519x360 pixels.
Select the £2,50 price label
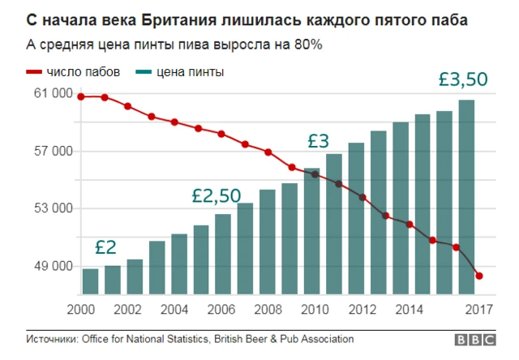[x=217, y=195]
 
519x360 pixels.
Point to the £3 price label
[x=318, y=140]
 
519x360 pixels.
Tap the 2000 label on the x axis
[x=82, y=309]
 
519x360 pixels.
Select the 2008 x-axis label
[x=264, y=309]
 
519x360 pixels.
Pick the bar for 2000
[x=90, y=281]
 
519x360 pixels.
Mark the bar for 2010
[x=311, y=231]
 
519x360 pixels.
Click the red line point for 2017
[x=479, y=276]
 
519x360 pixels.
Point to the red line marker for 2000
[x=81, y=97]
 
